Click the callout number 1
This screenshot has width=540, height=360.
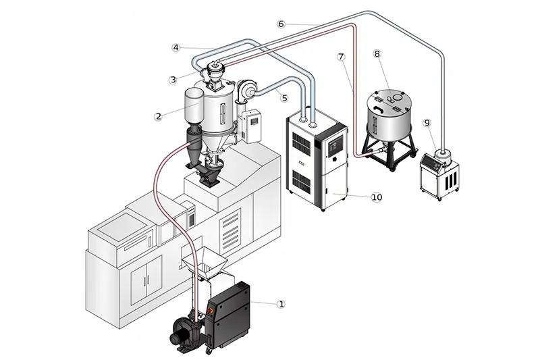pos(281,305)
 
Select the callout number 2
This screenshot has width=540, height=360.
pos(158,116)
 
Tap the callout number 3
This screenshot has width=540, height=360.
pos(173,79)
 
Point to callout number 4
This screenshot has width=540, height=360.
pos(175,47)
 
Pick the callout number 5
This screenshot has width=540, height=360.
pos(285,97)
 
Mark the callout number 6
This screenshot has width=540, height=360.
pos(281,24)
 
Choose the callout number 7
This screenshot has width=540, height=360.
pos(342,57)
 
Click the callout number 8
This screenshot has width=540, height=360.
pos(377,53)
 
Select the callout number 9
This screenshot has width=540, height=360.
pos(427,122)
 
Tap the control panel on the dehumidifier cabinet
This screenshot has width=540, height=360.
pos(335,145)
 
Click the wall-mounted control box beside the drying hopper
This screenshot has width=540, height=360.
pos(252,126)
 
